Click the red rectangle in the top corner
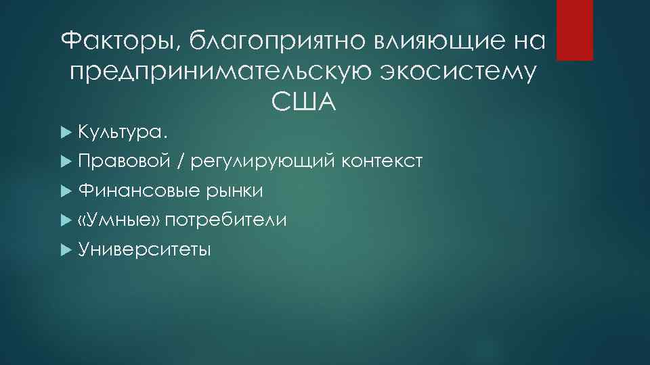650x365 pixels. point(575,30)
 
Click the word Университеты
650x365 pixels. point(144,250)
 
